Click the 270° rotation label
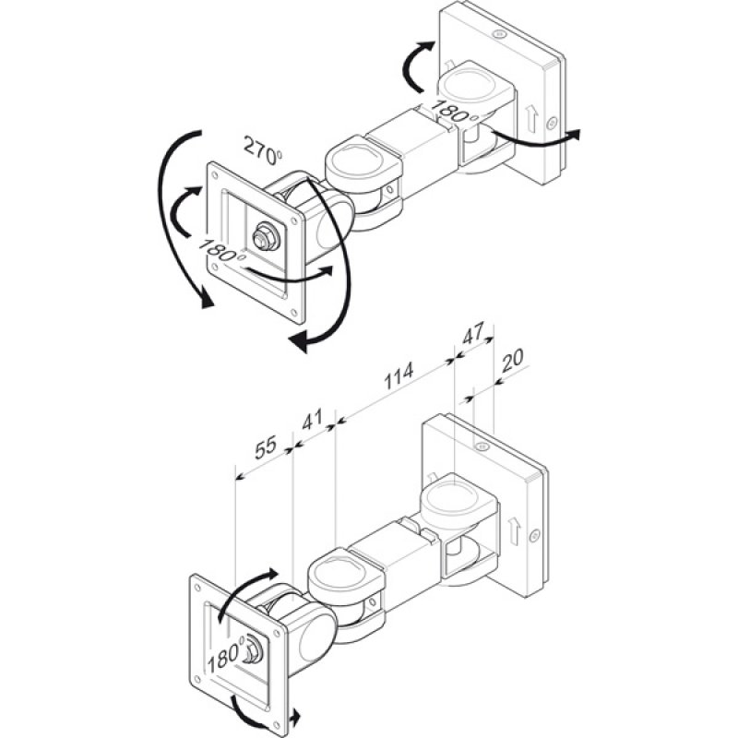point(262,151)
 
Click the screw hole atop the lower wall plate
point(482,446)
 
